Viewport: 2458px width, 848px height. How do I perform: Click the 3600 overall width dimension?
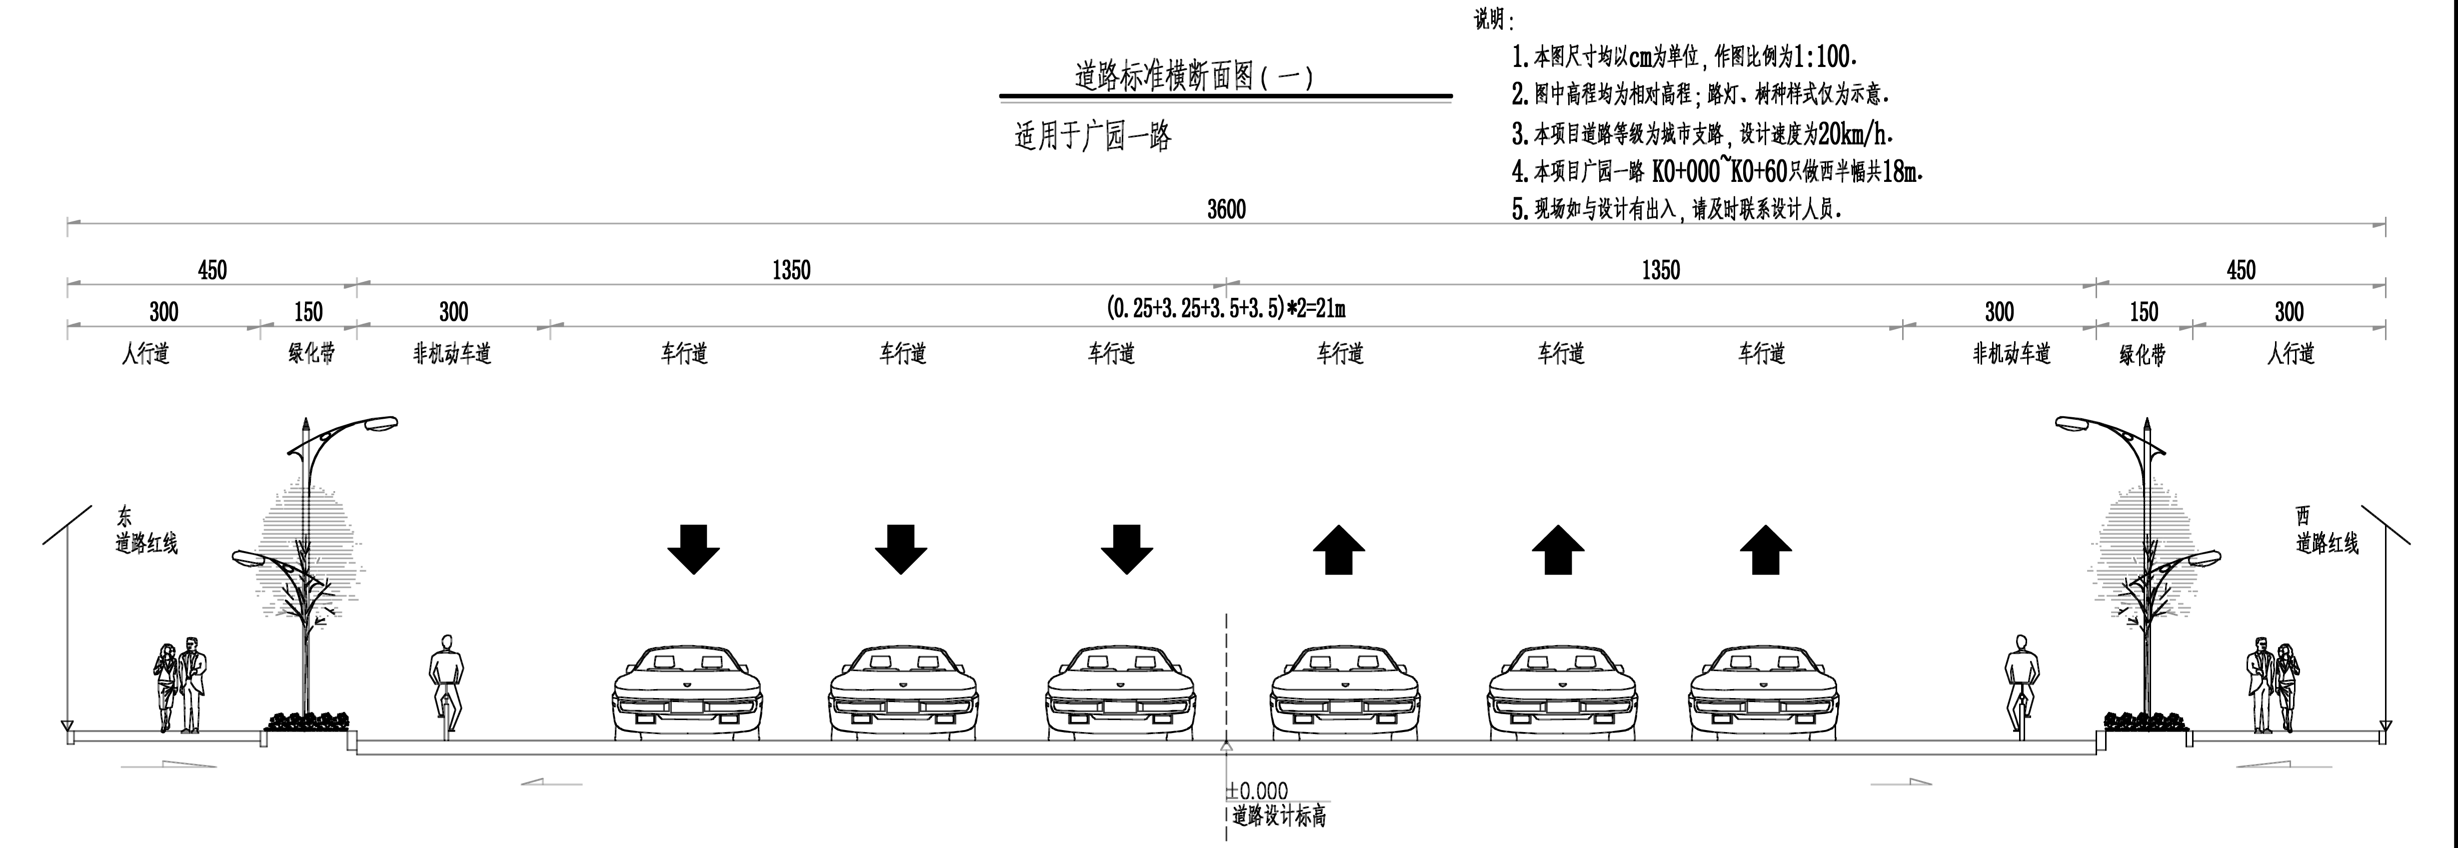click(x=1226, y=209)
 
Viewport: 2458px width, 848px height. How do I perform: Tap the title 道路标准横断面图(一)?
click(x=1194, y=76)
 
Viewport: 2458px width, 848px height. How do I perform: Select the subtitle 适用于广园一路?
click(x=1093, y=136)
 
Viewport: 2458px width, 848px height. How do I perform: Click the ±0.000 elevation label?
click(x=1258, y=791)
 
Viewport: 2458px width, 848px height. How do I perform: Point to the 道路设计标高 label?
click(x=1279, y=817)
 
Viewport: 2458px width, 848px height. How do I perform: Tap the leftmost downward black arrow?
click(x=694, y=549)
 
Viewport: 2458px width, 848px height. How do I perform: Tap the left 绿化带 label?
click(x=311, y=354)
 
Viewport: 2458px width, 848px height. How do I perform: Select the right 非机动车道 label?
click(x=2012, y=354)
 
